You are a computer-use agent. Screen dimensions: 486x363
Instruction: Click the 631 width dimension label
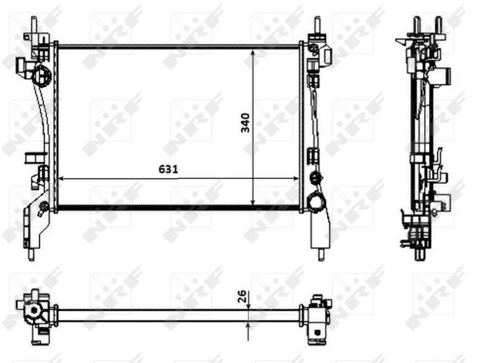pyautogui.click(x=168, y=169)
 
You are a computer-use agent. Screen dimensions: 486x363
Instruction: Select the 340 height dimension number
pyautogui.click(x=245, y=123)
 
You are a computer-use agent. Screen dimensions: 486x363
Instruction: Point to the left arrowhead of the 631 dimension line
pyautogui.click(x=61, y=178)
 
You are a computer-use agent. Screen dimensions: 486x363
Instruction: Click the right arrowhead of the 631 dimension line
pyautogui.click(x=296, y=178)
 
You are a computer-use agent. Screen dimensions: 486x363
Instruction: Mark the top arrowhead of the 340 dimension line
pyautogui.click(x=253, y=53)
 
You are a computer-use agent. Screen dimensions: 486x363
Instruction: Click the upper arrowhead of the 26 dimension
pyautogui.click(x=249, y=305)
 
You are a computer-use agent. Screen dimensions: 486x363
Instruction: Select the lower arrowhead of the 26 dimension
pyautogui.click(x=249, y=325)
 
